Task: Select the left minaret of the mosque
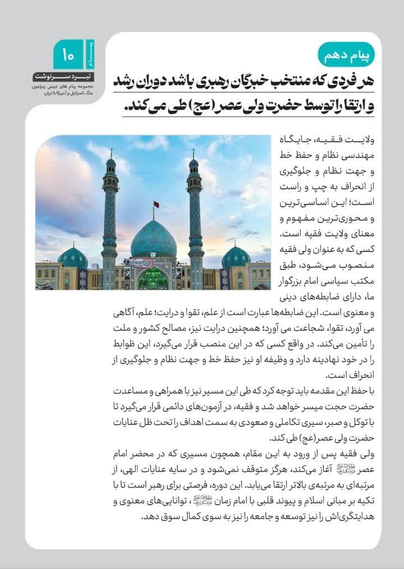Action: (109, 219)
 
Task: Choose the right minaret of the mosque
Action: (195, 219)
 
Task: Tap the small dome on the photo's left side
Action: (72, 257)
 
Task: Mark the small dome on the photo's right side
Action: (236, 257)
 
